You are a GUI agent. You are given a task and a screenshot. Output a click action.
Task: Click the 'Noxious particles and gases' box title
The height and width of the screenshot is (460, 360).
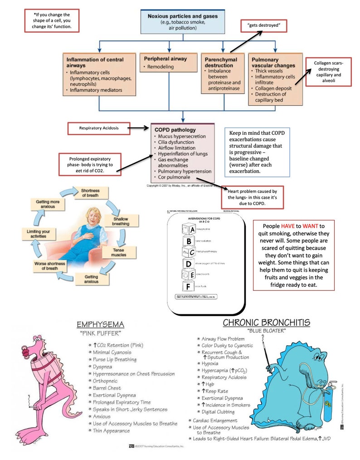[x=183, y=16]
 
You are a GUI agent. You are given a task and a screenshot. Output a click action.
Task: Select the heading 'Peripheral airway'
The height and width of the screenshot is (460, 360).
[x=165, y=59]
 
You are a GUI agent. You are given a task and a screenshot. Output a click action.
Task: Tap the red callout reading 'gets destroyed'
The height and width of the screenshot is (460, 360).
[x=264, y=26]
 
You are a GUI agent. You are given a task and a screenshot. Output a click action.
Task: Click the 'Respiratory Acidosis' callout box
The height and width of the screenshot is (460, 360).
[x=98, y=128]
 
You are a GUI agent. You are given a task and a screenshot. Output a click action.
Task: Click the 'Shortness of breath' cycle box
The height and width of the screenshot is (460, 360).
[x=90, y=192]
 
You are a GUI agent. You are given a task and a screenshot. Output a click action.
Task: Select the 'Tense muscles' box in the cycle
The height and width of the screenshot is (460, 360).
[x=119, y=252]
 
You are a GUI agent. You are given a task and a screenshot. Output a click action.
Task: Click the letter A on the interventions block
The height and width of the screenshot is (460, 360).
[x=192, y=230]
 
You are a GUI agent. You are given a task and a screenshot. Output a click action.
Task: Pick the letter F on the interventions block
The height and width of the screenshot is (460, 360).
[x=187, y=286]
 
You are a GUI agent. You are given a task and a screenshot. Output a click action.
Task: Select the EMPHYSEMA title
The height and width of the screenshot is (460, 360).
[x=100, y=324]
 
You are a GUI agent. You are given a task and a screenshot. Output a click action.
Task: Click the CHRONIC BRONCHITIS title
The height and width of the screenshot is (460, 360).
[x=266, y=323]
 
